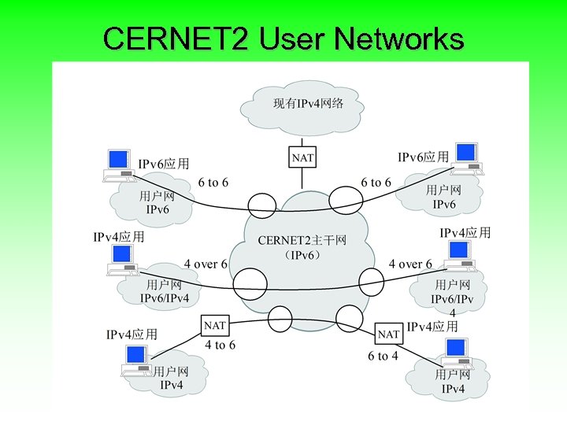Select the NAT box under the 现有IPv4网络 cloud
(302, 157)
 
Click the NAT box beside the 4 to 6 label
(215, 325)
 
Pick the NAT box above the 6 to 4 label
(388, 334)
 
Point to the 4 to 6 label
(220, 345)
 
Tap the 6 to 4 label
(383, 356)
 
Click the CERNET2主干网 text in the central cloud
(302, 240)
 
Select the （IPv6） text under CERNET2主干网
(302, 256)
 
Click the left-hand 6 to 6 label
(213, 183)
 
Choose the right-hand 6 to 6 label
(376, 183)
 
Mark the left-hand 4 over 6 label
(206, 264)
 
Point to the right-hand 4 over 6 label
(410, 264)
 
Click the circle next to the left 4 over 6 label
(250, 283)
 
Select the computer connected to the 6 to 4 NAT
(457, 353)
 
